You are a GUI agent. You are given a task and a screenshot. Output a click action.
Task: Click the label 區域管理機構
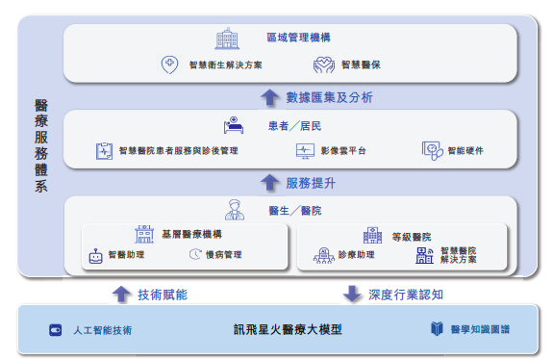pos(298,38)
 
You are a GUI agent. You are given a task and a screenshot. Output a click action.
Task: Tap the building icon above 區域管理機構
pos(227,39)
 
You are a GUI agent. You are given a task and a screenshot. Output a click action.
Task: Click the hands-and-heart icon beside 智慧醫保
pos(324,65)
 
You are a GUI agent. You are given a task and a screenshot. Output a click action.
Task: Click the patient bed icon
pos(233,126)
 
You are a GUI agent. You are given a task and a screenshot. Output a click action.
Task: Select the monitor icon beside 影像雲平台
pos(305,151)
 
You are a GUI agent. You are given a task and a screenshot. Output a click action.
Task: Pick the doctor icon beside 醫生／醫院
pos(234,209)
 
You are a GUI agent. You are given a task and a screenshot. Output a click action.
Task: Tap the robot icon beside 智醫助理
pos(95,256)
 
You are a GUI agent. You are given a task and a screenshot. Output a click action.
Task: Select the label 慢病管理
pos(224,256)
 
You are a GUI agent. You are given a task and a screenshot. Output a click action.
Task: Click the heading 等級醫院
pos(411,235)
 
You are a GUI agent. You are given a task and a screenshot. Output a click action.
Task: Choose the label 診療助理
pos(357,256)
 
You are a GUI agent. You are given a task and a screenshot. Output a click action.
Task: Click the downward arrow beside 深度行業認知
pos(352,294)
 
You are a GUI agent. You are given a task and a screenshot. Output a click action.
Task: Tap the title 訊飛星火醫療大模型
pos(288,330)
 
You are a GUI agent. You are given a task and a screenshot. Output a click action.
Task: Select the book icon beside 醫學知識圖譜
pos(439,330)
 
